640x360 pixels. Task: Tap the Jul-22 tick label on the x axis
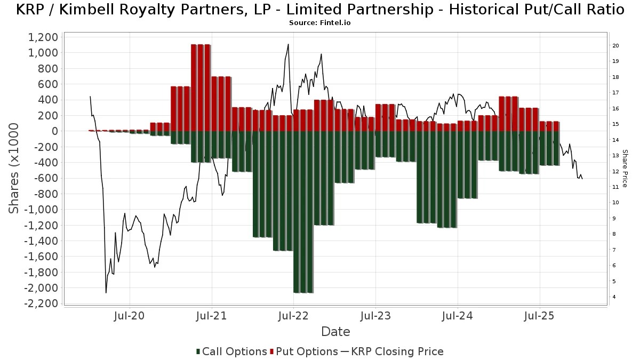click(x=293, y=316)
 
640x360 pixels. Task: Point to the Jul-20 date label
click(x=130, y=316)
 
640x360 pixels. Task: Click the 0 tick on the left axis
click(x=53, y=131)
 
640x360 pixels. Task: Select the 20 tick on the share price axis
click(x=615, y=46)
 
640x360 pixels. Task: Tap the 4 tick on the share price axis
click(x=614, y=297)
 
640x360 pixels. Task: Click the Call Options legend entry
click(x=231, y=351)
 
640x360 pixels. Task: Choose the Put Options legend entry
click(x=304, y=351)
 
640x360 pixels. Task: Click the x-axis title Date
click(x=335, y=332)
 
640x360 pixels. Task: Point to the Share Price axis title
click(x=625, y=168)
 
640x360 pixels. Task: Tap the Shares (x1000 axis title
click(x=14, y=168)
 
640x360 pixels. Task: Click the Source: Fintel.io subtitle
click(x=319, y=23)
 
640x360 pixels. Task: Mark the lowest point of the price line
click(x=106, y=292)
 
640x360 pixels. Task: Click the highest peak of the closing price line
click(x=288, y=44)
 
